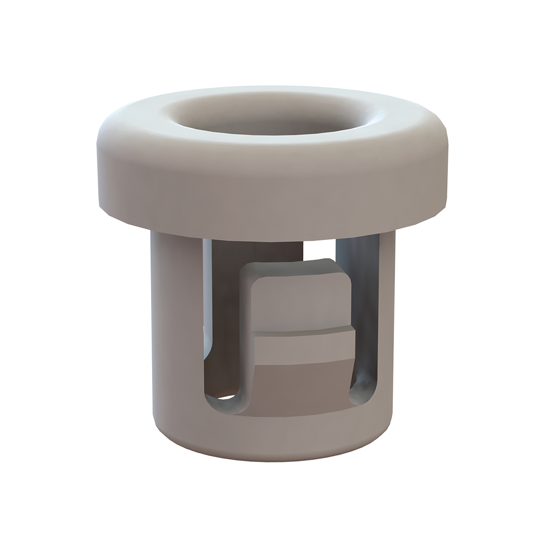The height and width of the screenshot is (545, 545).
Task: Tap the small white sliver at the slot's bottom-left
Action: (x=225, y=397)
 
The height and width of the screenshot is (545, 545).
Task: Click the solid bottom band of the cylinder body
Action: (x=272, y=436)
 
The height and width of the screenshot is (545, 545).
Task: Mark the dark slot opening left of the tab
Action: (x=223, y=322)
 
